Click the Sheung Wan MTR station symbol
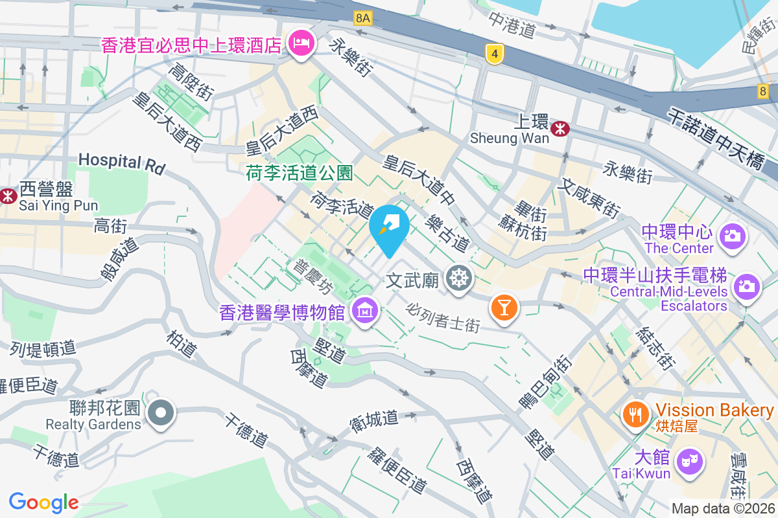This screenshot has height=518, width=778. pos(560,129)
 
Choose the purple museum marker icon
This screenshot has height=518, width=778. pos(366,312)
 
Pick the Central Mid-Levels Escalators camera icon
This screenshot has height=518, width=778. pos(747,285)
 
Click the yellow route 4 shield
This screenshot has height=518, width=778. pos(494,54)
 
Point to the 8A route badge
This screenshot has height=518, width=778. pos(363,19)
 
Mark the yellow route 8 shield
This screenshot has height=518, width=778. pos(762,91)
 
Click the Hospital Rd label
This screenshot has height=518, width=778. pos(121,162)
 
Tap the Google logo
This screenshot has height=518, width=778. pos(44,502)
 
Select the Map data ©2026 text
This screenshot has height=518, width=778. pos(722,508)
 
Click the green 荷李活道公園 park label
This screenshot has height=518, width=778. pos(299,173)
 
